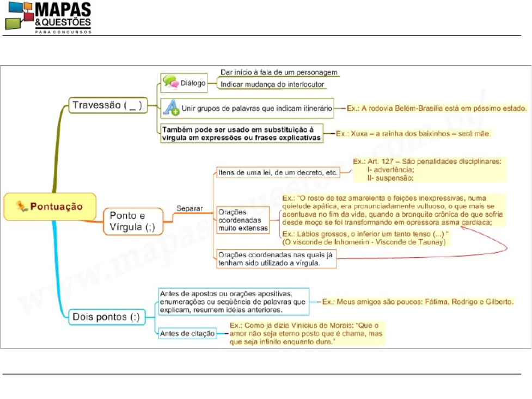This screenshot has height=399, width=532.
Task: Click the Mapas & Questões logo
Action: (48, 17)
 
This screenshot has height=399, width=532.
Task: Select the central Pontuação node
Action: (50, 206)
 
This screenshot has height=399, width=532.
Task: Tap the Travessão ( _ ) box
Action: (107, 105)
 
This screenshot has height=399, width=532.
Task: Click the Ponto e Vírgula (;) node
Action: (133, 222)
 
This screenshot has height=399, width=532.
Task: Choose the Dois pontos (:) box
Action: (107, 316)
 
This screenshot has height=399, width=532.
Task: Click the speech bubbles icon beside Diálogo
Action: (170, 83)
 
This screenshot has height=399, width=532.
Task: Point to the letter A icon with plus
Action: (172, 108)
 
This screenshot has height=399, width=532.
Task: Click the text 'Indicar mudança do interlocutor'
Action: (272, 84)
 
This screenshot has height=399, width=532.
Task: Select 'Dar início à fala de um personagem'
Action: (279, 72)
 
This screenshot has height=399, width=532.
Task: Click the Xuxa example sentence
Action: (414, 133)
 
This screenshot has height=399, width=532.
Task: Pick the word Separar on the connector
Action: (189, 208)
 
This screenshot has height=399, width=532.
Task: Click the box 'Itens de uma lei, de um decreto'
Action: (278, 172)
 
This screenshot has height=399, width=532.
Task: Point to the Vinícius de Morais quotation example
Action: (307, 333)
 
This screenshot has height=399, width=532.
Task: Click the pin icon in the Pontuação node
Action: (21, 206)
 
